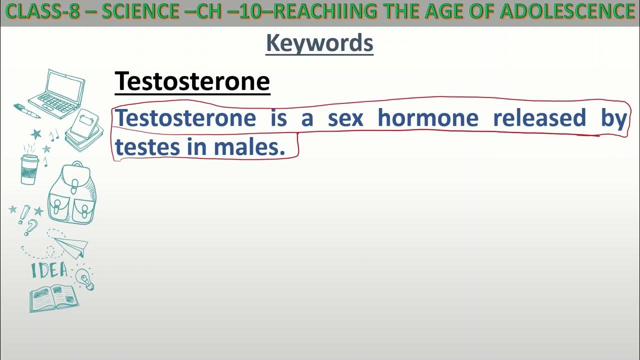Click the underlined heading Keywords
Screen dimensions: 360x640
(x=319, y=43)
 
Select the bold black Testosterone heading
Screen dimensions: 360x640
(x=192, y=81)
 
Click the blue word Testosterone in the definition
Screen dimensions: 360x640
(x=185, y=118)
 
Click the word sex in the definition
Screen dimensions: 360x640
(x=345, y=118)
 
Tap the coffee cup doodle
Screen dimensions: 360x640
(x=29, y=169)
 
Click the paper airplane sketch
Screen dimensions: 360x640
(x=72, y=246)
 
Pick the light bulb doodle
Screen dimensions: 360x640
(x=85, y=279)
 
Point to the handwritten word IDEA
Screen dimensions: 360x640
(x=49, y=270)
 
